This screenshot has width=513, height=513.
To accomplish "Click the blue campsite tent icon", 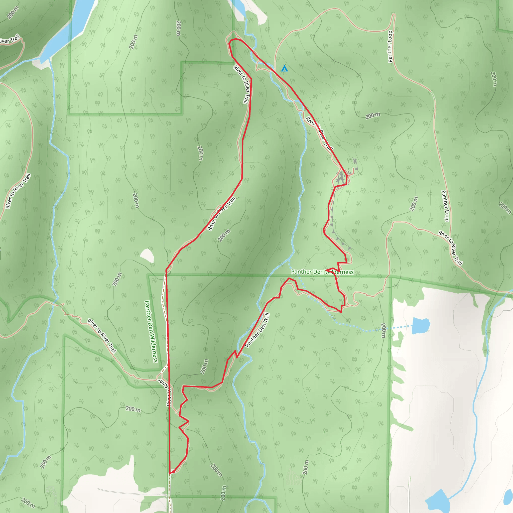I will (x=284, y=68).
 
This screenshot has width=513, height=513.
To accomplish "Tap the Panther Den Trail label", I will (x=257, y=330).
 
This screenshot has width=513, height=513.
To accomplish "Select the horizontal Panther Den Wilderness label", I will (x=322, y=272).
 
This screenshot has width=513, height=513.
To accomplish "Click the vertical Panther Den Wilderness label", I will (x=151, y=331).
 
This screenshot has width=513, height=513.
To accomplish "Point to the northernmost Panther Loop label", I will (x=390, y=47).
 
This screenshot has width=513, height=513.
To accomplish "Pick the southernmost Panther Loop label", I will (x=445, y=206).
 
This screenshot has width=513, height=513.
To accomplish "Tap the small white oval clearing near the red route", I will (x=147, y=255).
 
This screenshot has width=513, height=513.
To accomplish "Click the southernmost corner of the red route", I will (x=170, y=473).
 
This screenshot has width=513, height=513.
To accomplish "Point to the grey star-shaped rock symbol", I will (x=355, y=161).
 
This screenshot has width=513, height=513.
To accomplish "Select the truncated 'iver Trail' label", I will (x=10, y=39).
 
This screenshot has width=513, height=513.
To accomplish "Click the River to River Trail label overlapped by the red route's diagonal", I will (x=221, y=213).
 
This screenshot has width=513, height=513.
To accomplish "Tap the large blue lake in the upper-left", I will (x=72, y=29).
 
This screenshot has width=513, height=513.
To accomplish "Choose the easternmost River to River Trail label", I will (x=450, y=248).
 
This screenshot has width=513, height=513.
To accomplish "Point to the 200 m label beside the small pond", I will (x=383, y=330).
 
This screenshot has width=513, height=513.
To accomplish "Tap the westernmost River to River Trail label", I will (x=18, y=191).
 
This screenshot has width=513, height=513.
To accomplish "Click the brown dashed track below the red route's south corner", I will (x=170, y=491).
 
